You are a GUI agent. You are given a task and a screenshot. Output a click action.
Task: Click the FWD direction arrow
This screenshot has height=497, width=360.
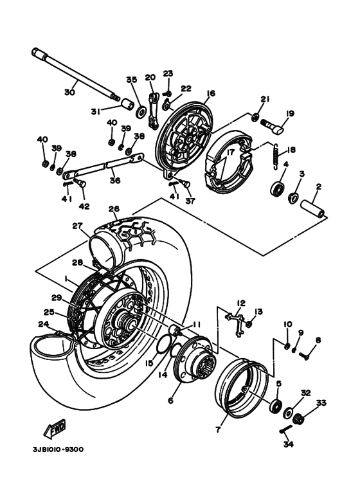click(55, 429)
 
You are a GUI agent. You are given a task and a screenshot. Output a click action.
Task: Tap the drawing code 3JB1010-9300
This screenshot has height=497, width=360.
click(59, 449)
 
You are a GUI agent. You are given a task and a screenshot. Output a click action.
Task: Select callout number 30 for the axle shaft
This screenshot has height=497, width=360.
click(69, 93)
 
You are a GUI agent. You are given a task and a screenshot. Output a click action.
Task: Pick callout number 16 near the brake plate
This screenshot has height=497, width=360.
click(210, 93)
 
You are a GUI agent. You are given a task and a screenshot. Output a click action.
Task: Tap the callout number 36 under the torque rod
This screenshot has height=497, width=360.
click(115, 181)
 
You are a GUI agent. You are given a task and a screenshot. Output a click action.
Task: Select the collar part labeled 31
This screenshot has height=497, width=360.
click(128, 104)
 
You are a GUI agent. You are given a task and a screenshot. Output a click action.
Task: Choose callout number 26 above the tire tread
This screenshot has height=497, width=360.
click(114, 209)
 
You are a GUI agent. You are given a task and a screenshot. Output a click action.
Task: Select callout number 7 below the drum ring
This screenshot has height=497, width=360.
click(218, 429)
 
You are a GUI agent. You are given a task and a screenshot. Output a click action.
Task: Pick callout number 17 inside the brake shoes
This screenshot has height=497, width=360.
click(230, 152)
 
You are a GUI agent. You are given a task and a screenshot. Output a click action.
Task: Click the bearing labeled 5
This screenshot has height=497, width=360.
click(276, 406)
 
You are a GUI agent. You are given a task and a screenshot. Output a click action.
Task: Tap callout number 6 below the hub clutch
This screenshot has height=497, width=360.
click(170, 401)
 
